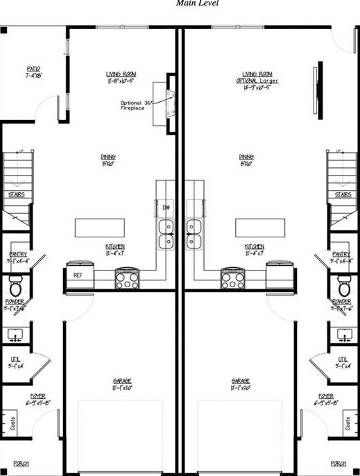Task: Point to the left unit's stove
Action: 128,279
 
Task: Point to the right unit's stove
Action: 233,279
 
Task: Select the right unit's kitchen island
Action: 261,228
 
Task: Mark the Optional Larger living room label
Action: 257,80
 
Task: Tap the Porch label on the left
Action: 18,463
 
